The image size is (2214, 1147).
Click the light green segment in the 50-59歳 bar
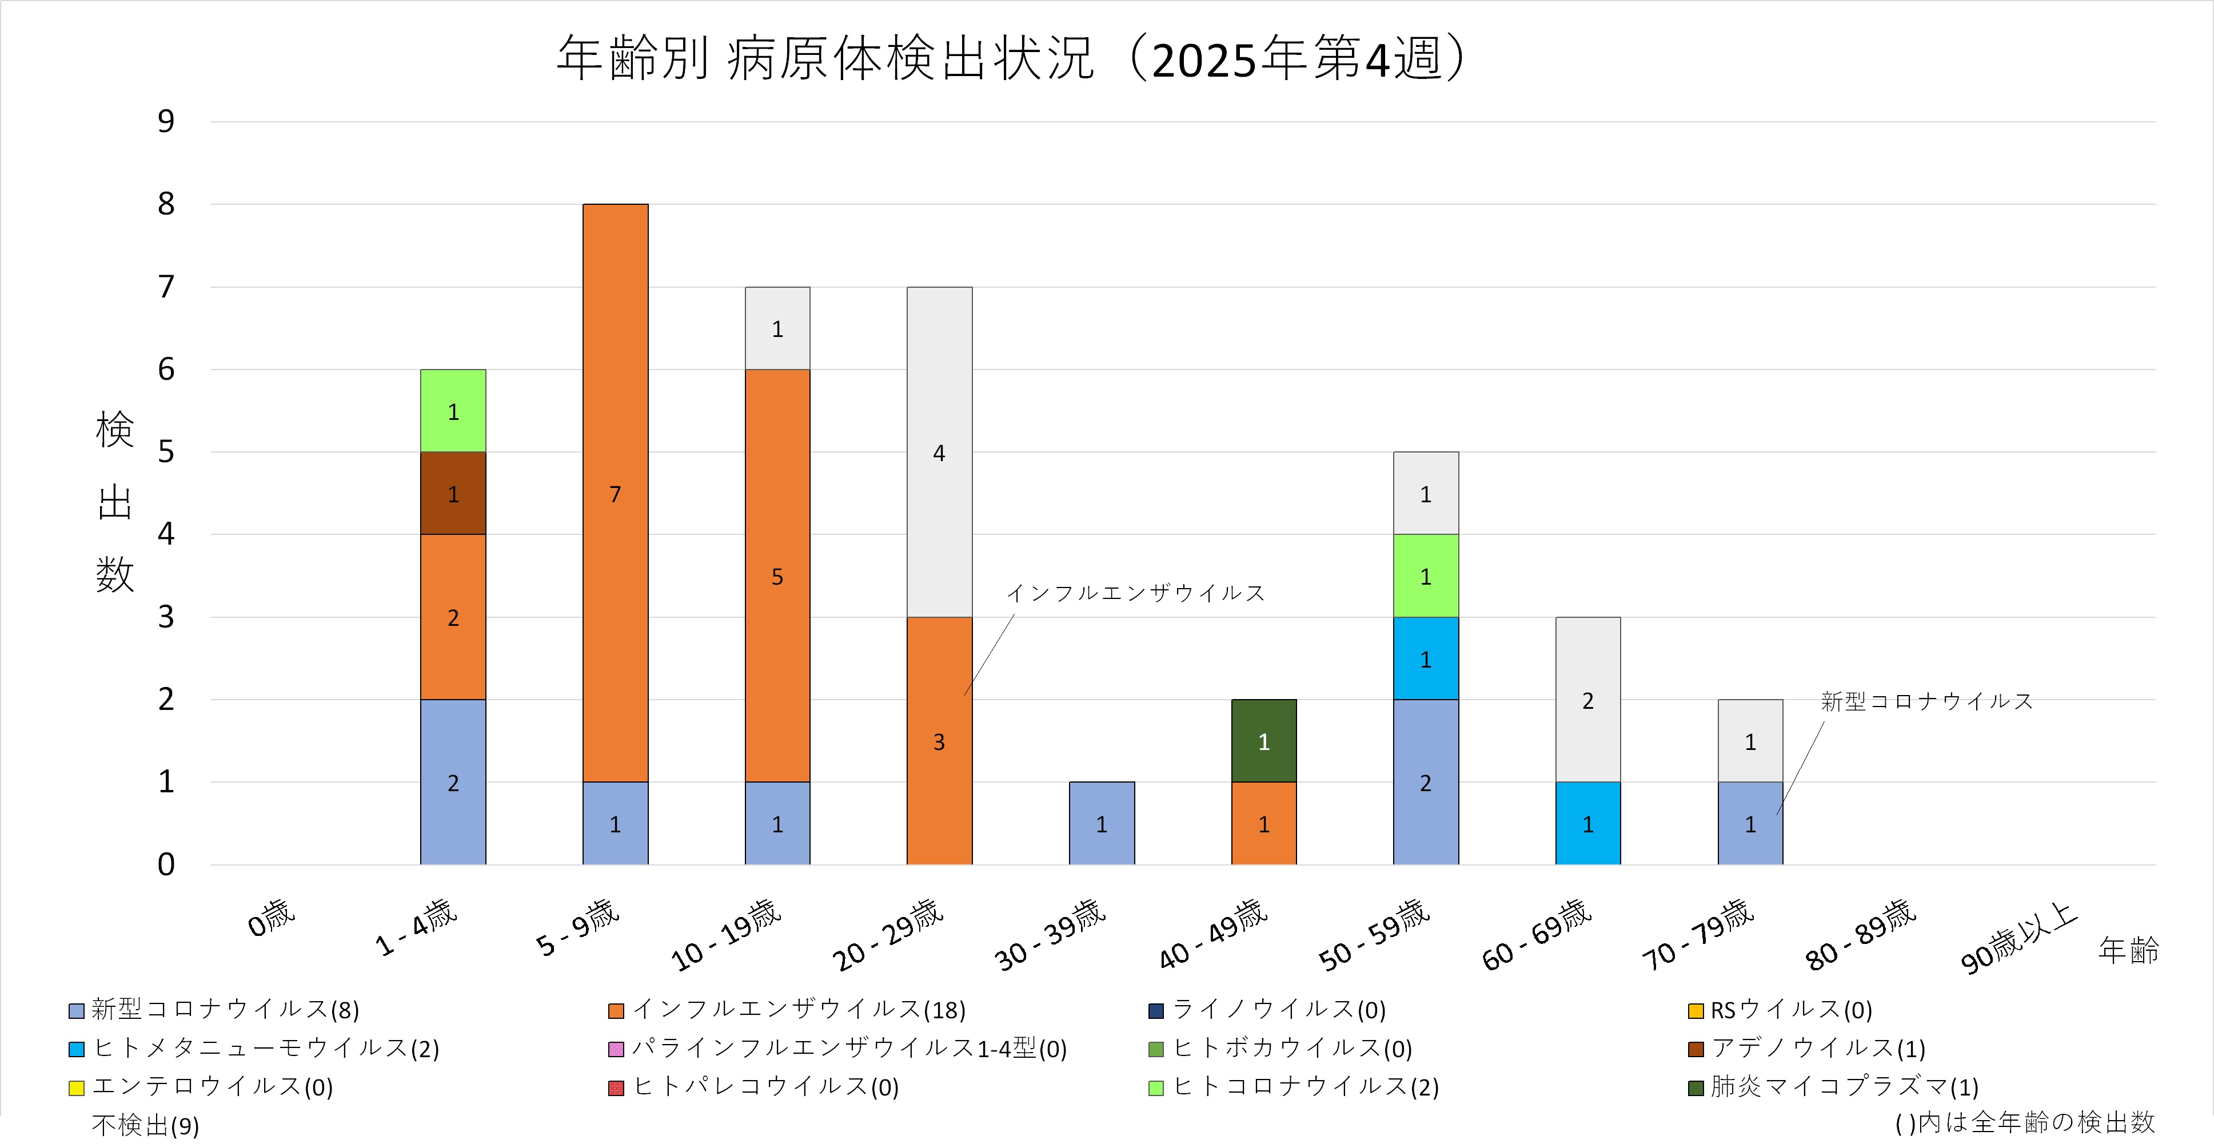click(x=1425, y=576)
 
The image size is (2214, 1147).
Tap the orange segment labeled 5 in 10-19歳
click(x=777, y=576)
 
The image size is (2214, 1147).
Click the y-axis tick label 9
click(x=166, y=121)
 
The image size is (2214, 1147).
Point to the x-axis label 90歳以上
click(x=2018, y=938)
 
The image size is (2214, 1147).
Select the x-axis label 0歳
click(x=272, y=918)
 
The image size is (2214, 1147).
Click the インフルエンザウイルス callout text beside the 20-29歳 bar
click(x=1135, y=593)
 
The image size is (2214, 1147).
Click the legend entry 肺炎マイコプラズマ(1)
click(x=1842, y=1087)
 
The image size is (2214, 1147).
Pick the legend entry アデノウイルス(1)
click(x=1817, y=1048)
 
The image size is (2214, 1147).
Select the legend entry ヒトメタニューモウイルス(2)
click(x=265, y=1048)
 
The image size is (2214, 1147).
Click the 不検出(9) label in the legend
click(x=145, y=1125)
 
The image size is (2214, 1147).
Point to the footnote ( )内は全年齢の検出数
click(x=2025, y=1122)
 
